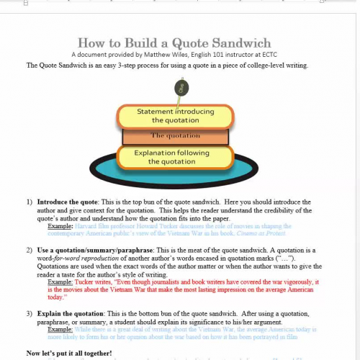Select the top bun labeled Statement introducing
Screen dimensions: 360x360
(x=176, y=115)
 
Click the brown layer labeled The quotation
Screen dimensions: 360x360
(x=176, y=135)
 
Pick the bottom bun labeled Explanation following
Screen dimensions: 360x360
(x=176, y=156)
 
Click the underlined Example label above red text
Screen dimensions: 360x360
(x=60, y=282)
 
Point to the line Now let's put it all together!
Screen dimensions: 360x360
(x=69, y=353)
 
